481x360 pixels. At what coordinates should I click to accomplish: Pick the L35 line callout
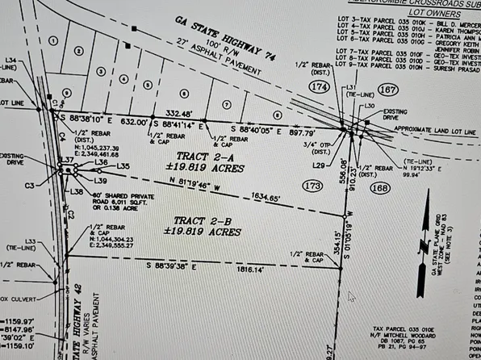[x=123, y=166]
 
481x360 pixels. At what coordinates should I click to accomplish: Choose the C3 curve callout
[x=30, y=185]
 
